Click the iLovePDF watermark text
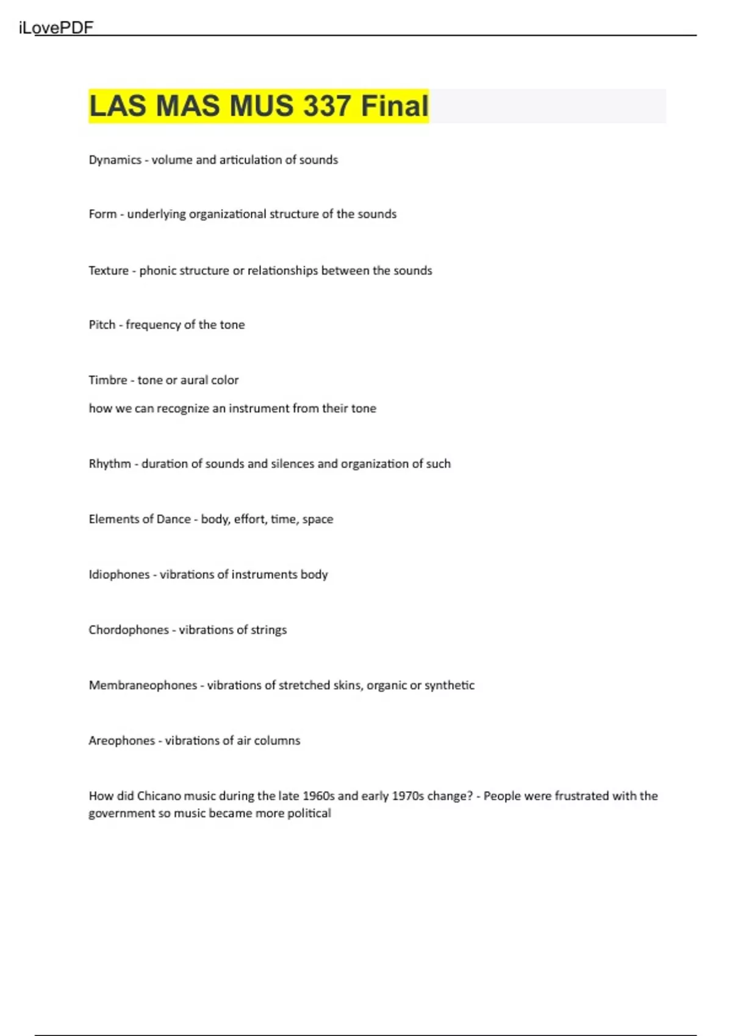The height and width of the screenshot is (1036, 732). (x=56, y=28)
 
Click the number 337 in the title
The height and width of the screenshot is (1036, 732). (x=327, y=106)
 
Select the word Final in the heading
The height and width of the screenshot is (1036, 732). (x=395, y=106)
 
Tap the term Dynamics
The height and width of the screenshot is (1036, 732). (x=115, y=160)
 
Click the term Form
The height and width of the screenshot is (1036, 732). (x=102, y=214)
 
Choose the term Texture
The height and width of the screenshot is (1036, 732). (x=109, y=271)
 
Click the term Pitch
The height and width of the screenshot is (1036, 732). (x=102, y=325)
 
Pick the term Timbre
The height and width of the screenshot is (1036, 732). (x=108, y=380)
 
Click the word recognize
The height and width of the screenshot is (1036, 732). (x=182, y=408)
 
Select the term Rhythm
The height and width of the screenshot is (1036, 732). (x=110, y=464)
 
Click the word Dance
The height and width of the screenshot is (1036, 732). (x=173, y=519)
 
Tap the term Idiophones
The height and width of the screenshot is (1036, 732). (x=119, y=575)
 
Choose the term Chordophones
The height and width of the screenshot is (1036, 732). (x=129, y=630)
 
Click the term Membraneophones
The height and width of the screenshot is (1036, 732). (x=143, y=686)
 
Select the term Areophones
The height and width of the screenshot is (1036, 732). (x=121, y=741)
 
